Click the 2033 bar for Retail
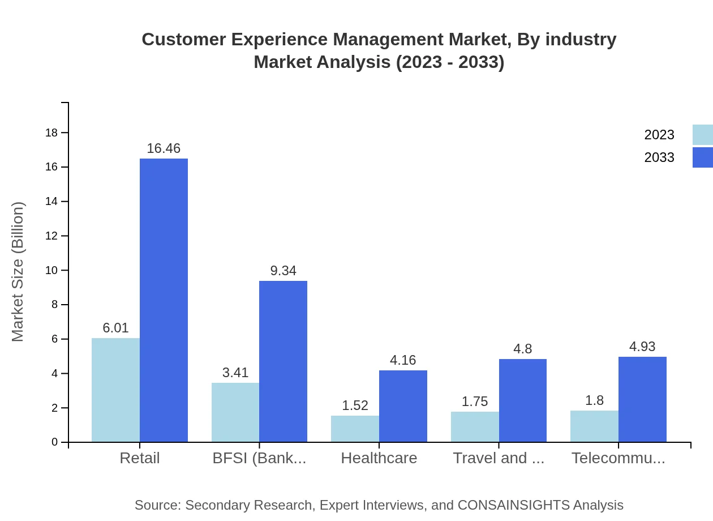pos(164,300)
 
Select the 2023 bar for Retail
pos(115,390)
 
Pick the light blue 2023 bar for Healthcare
pos(355,429)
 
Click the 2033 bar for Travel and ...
pos(523,400)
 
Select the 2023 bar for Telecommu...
pos(594,426)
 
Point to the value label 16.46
pos(164,148)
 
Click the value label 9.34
pos(283,271)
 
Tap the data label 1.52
pos(355,405)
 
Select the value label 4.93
pos(642,347)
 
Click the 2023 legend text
pos(659,135)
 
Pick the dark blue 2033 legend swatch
pos(702,157)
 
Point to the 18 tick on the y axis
pos(51,133)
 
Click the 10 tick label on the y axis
pos(51,270)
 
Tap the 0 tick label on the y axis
pos(55,442)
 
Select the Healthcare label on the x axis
pos(379,458)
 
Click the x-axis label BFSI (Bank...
pos(259,458)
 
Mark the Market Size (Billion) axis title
pos(18,272)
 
